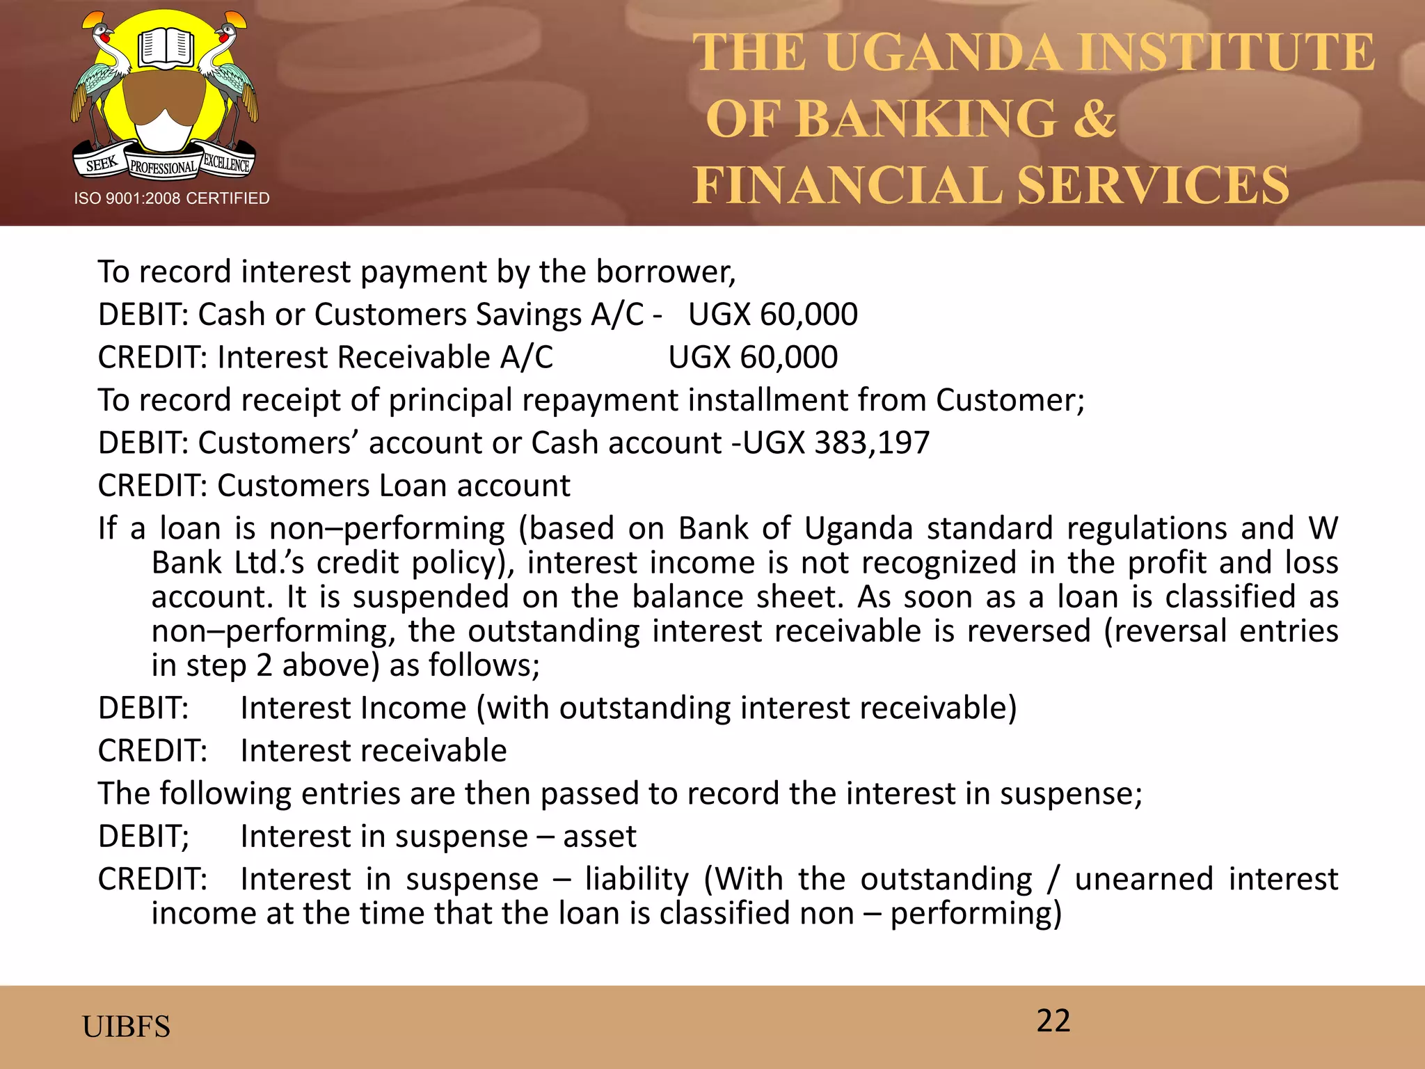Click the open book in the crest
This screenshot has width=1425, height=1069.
[165, 47]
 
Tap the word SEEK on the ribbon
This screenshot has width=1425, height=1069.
[102, 164]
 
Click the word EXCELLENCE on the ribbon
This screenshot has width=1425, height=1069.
[226, 164]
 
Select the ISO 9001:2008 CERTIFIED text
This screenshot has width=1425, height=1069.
[172, 198]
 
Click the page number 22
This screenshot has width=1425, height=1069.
[1053, 1021]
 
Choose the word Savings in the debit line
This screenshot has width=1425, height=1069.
[529, 315]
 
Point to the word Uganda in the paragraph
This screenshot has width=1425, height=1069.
[859, 528]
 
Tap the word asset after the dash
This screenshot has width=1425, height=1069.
[599, 837]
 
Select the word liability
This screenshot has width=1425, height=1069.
[637, 879]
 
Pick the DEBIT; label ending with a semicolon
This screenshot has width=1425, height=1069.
[143, 837]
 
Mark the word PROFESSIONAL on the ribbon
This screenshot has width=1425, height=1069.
[164, 168]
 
